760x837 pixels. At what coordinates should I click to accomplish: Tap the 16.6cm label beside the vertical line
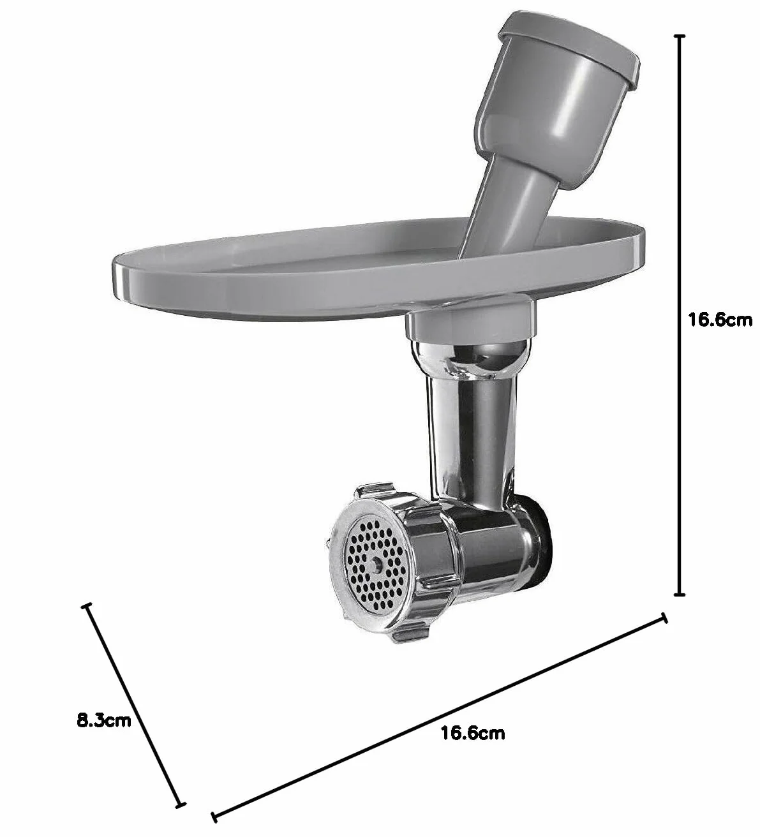720,320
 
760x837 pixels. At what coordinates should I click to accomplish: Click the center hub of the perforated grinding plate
377,565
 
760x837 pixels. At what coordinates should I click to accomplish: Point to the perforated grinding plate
377,565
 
